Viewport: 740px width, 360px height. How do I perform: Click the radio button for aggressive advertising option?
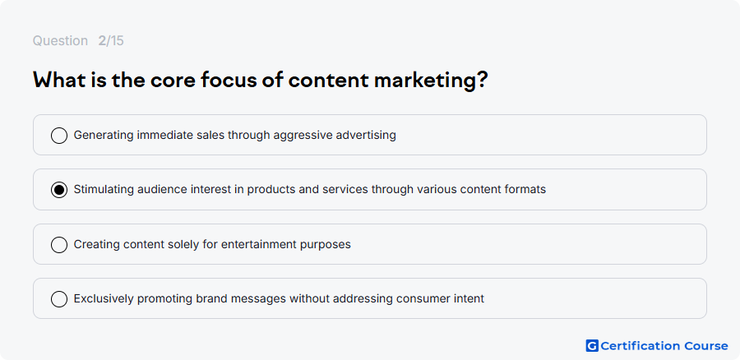(59, 136)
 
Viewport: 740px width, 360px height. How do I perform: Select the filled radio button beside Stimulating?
(59, 190)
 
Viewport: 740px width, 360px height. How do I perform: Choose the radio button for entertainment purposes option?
(59, 245)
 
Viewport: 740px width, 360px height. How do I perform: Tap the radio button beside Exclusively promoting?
(59, 299)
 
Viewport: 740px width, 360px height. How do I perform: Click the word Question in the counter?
(60, 41)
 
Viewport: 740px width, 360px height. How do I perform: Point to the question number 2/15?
(111, 41)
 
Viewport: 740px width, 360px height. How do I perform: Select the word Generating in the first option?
(104, 136)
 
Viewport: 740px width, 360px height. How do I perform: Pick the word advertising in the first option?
(366, 136)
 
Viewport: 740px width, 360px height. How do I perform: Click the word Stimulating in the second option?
(104, 190)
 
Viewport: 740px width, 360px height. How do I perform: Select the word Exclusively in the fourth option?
(104, 299)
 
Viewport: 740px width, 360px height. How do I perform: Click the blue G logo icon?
(592, 346)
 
